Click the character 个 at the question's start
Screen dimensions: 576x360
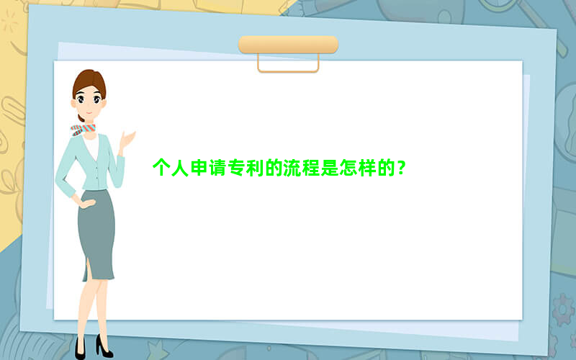[161, 168]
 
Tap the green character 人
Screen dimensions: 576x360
[180, 168]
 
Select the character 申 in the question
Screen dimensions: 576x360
[199, 168]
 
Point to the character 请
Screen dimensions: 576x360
[217, 168]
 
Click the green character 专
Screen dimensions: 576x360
[236, 168]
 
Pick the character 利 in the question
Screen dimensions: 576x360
[255, 168]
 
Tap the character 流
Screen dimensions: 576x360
[292, 168]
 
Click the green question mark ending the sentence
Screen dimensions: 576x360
[402, 168]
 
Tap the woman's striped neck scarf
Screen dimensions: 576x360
[84, 130]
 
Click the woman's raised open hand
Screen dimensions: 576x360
[127, 140]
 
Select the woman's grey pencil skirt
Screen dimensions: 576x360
[96, 235]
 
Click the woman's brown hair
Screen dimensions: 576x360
[89, 83]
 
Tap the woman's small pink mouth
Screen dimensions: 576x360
[89, 112]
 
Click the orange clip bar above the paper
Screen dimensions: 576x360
[289, 45]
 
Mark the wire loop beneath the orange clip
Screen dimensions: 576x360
[288, 71]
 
